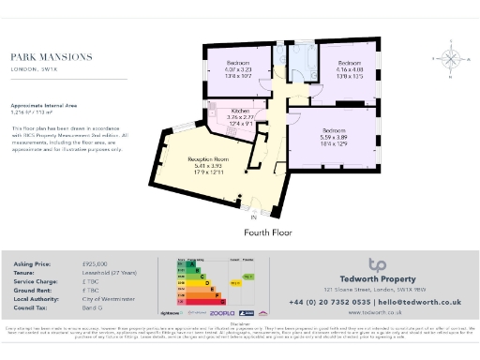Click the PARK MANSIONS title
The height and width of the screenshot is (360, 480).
click(x=52, y=57)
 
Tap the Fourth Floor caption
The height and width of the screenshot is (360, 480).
click(x=269, y=231)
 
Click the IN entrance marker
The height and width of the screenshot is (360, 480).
click(x=253, y=217)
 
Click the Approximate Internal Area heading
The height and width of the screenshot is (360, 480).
click(x=43, y=105)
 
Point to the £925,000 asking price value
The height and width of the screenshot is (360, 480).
click(x=95, y=266)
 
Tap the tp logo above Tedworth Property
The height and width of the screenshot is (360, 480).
click(x=377, y=264)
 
